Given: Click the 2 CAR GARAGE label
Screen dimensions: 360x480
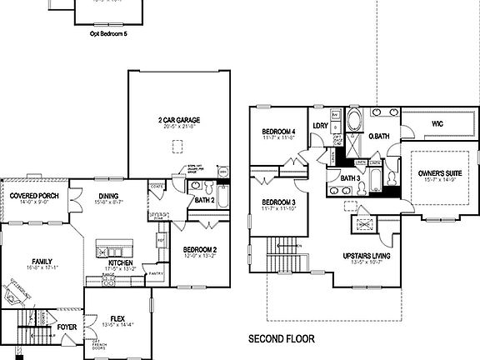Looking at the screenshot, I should pos(177,120).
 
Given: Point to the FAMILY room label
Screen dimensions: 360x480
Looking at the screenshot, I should pos(36,260).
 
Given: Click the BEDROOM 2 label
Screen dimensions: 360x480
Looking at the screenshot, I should pos(200,250).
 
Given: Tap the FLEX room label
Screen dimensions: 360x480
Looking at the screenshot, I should pos(117,317).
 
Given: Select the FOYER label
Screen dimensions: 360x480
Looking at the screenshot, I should pos(67,327).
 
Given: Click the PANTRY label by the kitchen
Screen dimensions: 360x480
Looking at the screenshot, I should pos(155,273).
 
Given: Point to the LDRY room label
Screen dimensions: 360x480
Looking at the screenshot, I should pos(320,127).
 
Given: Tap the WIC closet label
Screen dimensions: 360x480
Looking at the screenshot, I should pos(437,123).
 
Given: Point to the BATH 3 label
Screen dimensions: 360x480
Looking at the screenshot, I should pos(350,177).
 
